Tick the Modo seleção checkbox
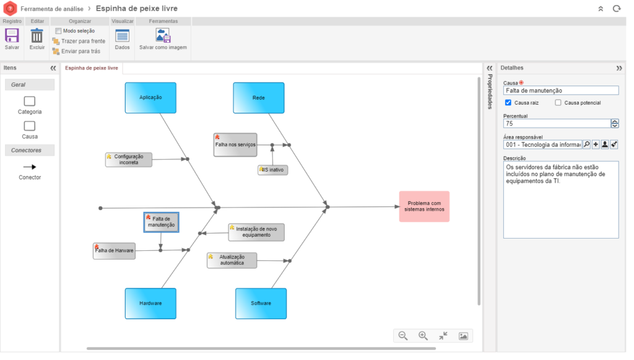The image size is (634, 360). tap(58, 31)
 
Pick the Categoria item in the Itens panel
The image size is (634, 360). tap(30, 105)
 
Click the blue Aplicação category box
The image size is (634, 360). tap(150, 98)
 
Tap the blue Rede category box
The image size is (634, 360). tap(259, 98)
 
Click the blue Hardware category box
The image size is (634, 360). tap(150, 304)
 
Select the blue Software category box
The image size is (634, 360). tap(261, 304)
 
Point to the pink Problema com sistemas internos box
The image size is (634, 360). tap(424, 206)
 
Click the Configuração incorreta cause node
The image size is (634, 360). tap(129, 160)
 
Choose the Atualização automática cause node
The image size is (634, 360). tap(232, 260)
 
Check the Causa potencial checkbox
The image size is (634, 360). tap(558, 103)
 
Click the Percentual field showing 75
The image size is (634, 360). tap(556, 123)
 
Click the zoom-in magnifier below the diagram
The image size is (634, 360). tap(423, 336)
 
